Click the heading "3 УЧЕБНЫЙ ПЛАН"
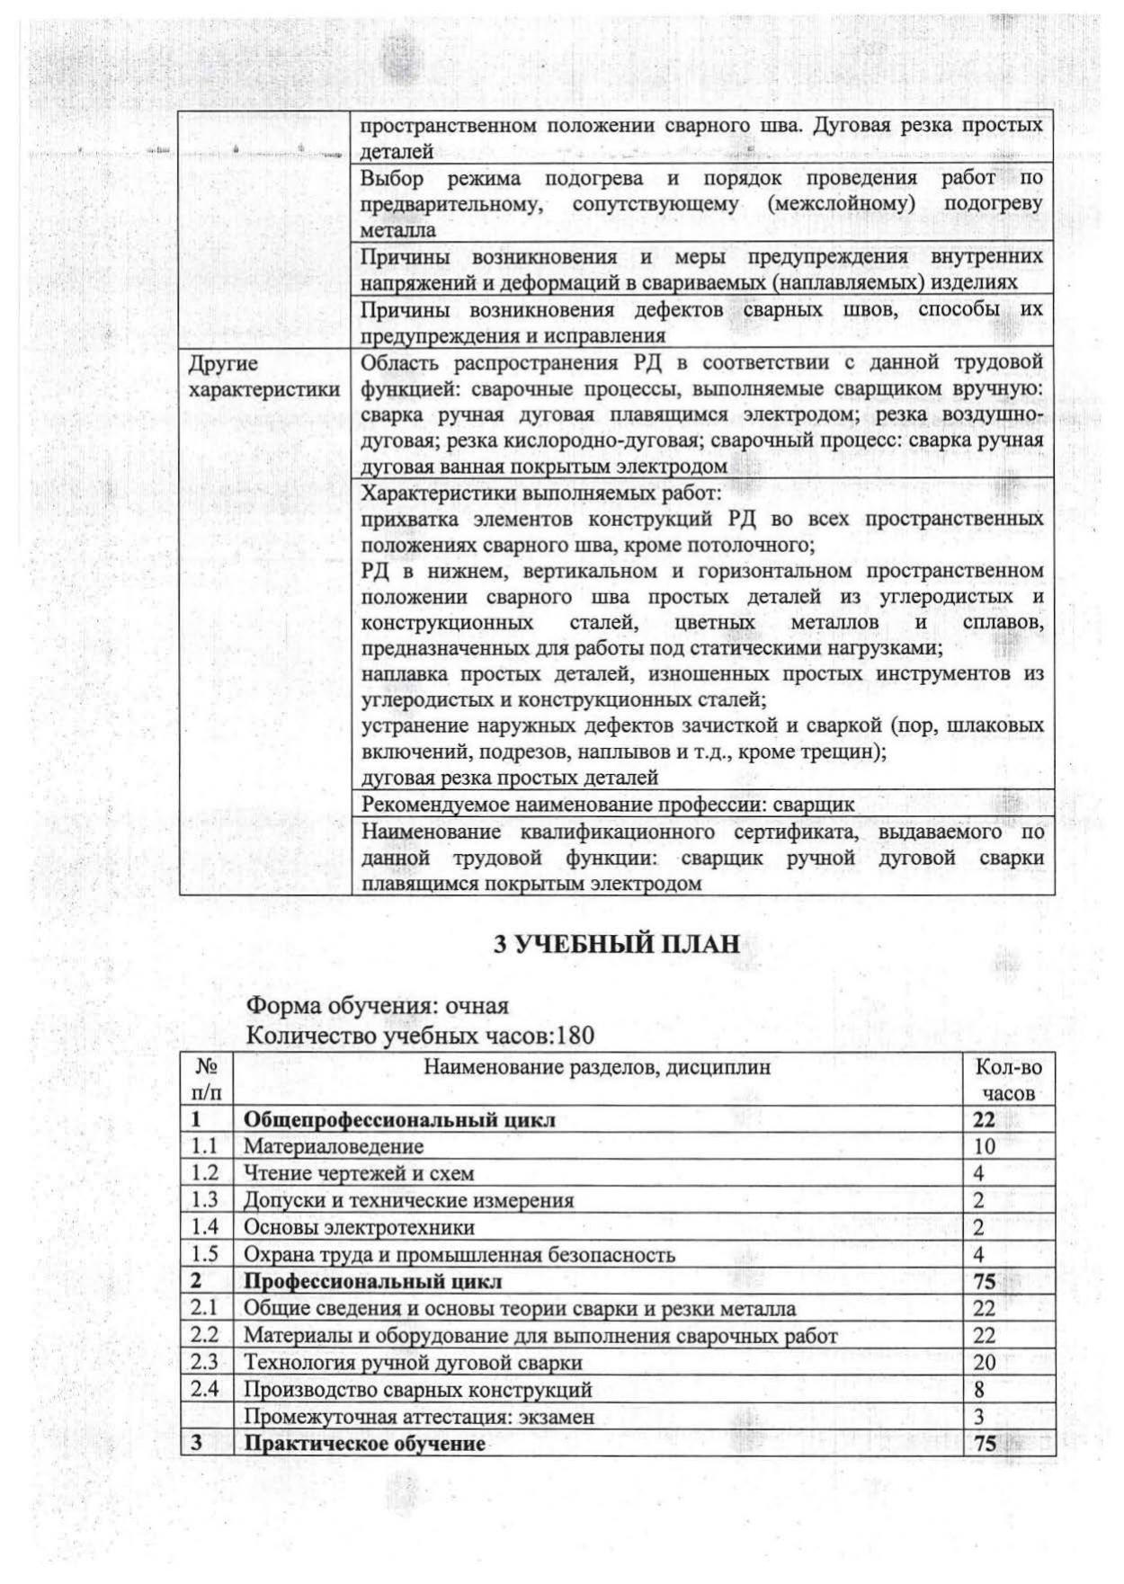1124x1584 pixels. tap(617, 944)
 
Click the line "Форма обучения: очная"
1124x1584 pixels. tap(378, 1005)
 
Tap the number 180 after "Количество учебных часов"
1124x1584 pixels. tap(575, 1036)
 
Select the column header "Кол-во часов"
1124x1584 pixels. tap(1008, 1080)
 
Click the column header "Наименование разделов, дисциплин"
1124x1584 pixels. tap(597, 1067)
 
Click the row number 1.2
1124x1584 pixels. tap(205, 1173)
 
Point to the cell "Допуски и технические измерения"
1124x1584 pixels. tap(409, 1200)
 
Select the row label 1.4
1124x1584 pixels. tap(205, 1227)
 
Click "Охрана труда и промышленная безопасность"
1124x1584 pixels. tap(459, 1255)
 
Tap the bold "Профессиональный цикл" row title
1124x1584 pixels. tap(373, 1281)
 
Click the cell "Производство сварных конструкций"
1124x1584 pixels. tap(418, 1390)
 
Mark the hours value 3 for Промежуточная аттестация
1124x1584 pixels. tap(979, 1417)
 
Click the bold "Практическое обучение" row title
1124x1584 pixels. tap(365, 1444)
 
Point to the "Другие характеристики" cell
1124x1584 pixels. tap(263, 377)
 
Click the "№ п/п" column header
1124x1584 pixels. tap(206, 1080)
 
